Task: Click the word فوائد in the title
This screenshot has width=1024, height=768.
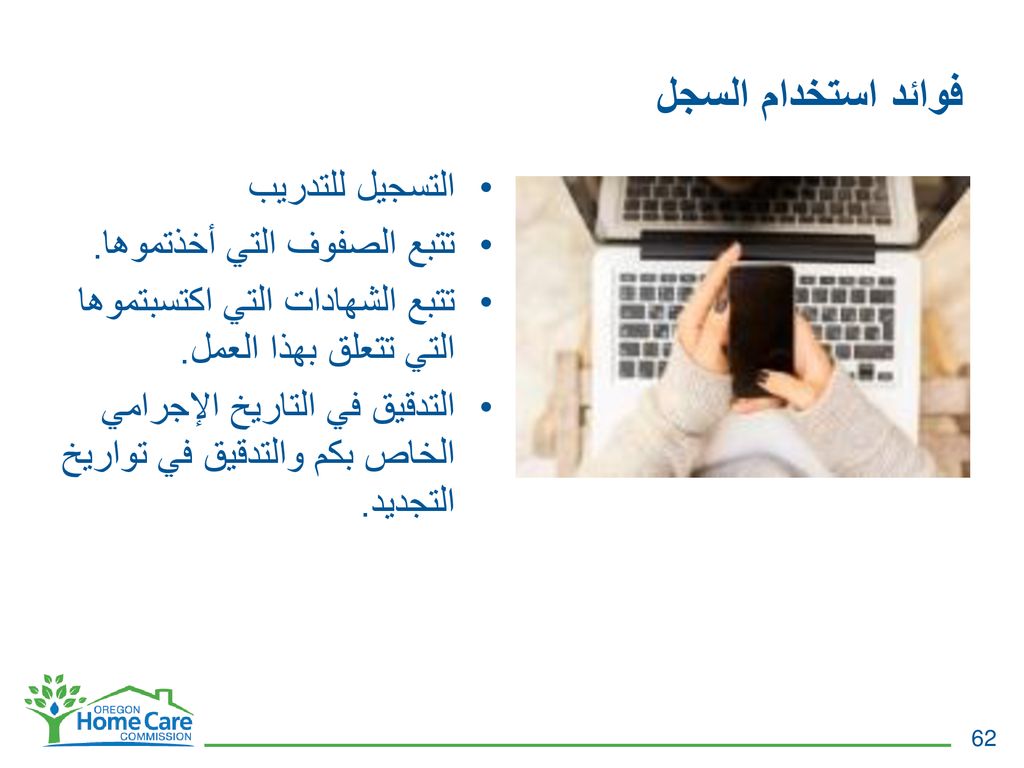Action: (927, 93)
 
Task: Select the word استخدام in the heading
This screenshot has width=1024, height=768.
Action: (818, 95)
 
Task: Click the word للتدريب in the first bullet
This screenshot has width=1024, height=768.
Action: (301, 186)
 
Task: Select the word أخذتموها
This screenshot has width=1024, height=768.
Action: (150, 244)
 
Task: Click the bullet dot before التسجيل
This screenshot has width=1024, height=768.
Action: (485, 188)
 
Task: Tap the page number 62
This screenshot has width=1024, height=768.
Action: (984, 738)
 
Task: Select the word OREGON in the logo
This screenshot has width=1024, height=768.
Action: (116, 710)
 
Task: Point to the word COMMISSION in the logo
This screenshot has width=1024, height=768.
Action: (155, 736)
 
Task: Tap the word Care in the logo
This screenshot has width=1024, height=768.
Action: (168, 722)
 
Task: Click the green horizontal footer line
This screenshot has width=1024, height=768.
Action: (577, 744)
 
